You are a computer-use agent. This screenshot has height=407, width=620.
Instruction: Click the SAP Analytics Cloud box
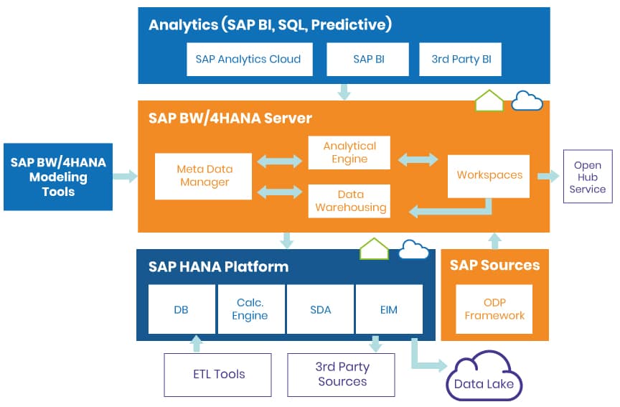coord(248,60)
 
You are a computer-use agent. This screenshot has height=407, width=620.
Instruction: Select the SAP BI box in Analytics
coord(368,60)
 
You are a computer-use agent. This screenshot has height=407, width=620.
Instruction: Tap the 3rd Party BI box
coord(460,60)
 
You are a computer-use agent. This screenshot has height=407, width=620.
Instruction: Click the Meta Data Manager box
coord(203,176)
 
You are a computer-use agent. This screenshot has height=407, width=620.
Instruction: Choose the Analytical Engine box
coord(349,152)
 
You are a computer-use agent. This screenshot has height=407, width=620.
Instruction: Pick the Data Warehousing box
coord(349,201)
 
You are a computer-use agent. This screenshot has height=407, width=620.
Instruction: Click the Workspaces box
coord(489,176)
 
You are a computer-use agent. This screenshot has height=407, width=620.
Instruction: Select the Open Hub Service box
coord(588,177)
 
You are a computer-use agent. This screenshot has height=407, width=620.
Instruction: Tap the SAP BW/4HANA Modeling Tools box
coord(58,177)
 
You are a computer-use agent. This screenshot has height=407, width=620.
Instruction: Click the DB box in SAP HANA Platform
coord(182,309)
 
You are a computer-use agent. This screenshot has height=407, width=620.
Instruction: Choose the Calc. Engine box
coord(250,309)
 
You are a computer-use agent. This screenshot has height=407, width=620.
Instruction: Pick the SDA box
coord(320,309)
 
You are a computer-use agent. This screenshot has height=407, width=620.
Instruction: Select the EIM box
coord(389,309)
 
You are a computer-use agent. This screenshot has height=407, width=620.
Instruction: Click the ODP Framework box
coord(494,309)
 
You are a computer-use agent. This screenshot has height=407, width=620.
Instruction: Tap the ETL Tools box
coord(218,374)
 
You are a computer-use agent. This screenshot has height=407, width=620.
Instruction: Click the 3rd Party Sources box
coord(342,374)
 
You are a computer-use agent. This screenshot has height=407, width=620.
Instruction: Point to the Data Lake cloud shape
coord(484,379)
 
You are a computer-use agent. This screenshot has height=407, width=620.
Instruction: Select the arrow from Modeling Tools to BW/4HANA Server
coord(125,176)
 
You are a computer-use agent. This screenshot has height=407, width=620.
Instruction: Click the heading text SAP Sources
coord(494,266)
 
